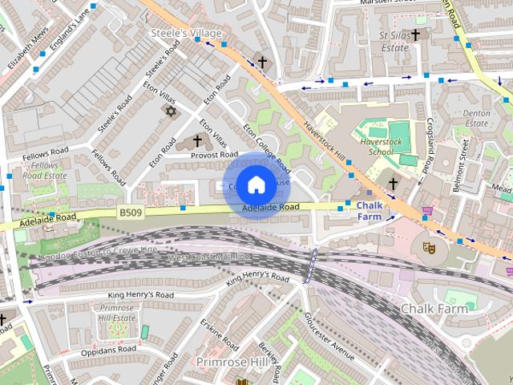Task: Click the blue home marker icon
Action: click(255, 184)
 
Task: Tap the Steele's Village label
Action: click(187, 33)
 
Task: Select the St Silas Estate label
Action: click(394, 42)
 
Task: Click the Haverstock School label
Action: click(387, 146)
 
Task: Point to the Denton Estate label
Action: click(477, 119)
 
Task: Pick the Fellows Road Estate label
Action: click(44, 169)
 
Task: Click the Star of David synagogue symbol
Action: click(169, 110)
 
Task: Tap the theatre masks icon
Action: click(429, 248)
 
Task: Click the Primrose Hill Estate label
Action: click(117, 314)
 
